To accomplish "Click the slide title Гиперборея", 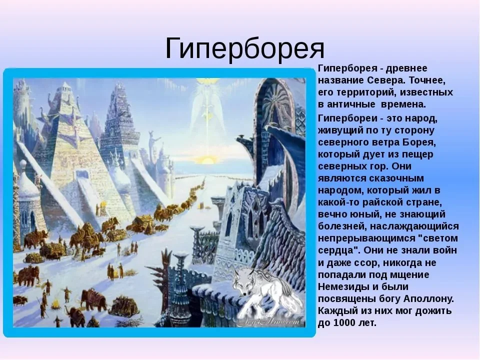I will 244,48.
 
